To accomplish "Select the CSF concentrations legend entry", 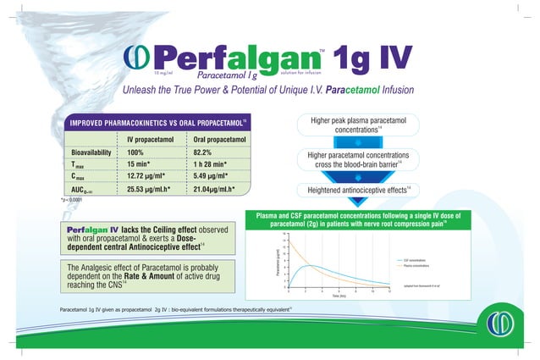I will pyautogui.click(x=415, y=260).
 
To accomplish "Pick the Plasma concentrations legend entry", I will pyautogui.click(x=416, y=266).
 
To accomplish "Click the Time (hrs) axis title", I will pyautogui.click(x=338, y=296).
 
